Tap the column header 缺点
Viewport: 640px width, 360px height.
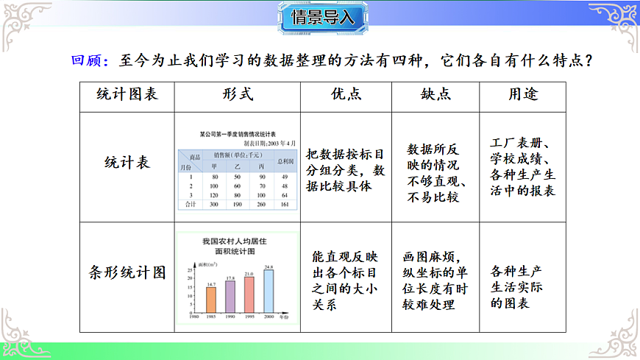tap(435, 95)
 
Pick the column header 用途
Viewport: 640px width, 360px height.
tap(523, 95)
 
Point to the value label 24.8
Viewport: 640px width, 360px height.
tap(269, 267)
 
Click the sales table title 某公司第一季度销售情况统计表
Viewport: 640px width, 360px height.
tap(237, 135)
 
